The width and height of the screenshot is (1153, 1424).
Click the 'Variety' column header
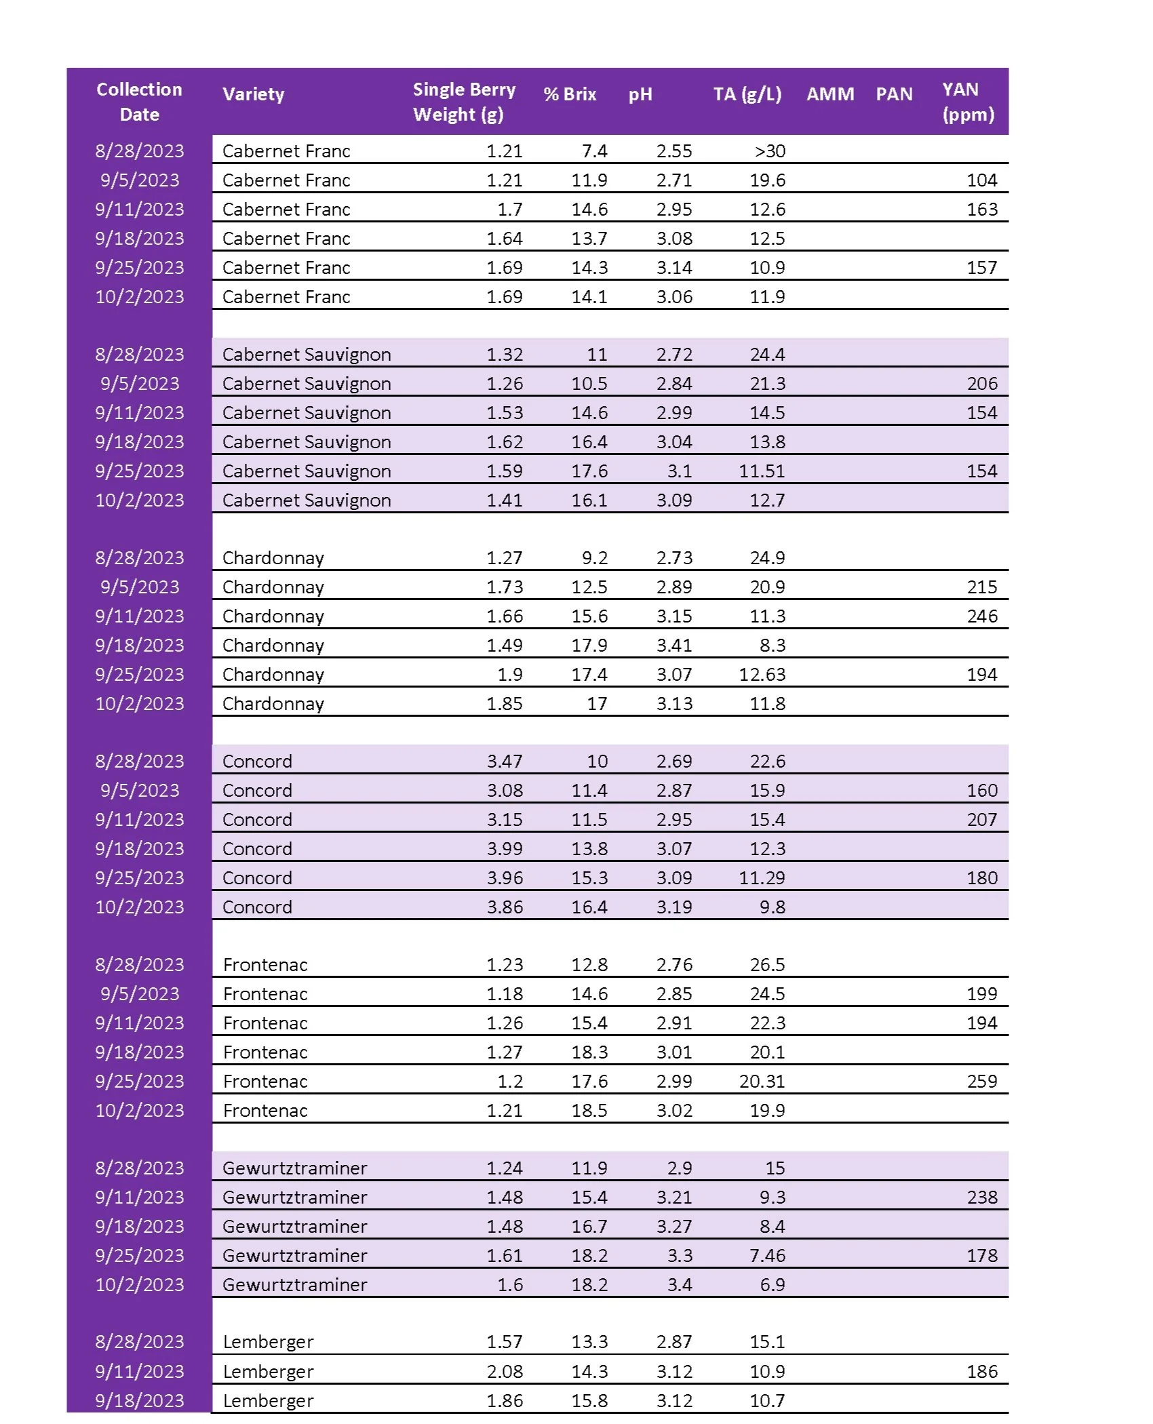click(x=253, y=94)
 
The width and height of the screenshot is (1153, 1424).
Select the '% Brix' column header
click(x=570, y=94)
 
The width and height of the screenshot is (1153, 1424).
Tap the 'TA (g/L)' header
click(x=747, y=94)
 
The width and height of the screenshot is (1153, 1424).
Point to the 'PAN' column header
click(x=894, y=94)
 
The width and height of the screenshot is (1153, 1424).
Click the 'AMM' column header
click(x=830, y=94)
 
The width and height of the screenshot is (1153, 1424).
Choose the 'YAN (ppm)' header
click(x=968, y=102)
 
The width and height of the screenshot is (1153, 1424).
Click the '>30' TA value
click(x=770, y=151)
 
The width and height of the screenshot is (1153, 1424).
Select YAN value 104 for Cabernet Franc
click(x=981, y=180)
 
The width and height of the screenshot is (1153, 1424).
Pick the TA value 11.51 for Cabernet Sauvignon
click(x=762, y=471)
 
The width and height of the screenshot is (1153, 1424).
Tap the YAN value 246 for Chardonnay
click(x=981, y=616)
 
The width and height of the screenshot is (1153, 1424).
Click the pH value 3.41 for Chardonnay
click(x=673, y=645)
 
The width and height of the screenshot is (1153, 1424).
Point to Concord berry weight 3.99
click(x=505, y=848)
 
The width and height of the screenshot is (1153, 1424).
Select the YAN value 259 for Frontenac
click(x=981, y=1081)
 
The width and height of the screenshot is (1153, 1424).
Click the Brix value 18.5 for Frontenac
click(x=589, y=1110)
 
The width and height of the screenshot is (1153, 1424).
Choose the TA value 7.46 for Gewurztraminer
click(x=767, y=1255)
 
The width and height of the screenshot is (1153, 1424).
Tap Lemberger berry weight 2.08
click(x=505, y=1371)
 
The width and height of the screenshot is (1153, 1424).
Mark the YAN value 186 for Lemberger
click(x=981, y=1371)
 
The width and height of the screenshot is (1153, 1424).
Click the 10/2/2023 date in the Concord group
click(x=140, y=907)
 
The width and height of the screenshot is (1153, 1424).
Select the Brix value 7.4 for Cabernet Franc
click(x=594, y=151)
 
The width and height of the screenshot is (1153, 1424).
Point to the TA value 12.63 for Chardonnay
click(x=762, y=674)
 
